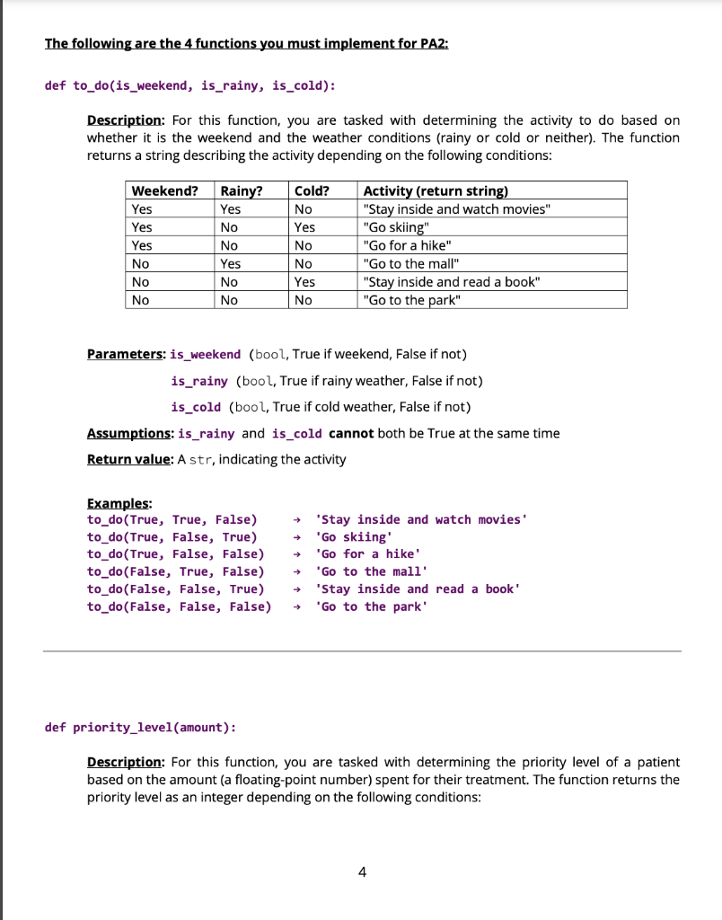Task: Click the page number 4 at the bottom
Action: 361,871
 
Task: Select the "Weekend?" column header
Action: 164,190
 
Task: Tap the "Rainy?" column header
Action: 242,190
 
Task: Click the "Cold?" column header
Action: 312,190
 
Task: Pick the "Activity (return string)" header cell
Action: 436,190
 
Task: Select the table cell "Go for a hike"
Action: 400,245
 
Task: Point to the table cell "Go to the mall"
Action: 409,264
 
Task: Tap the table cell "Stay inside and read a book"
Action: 452,282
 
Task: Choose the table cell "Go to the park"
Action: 410,300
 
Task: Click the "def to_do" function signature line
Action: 190,85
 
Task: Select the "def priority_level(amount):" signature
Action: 141,727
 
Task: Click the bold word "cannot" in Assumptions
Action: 351,433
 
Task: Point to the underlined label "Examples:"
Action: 119,502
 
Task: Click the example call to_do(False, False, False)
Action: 179,606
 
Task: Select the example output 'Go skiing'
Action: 355,537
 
